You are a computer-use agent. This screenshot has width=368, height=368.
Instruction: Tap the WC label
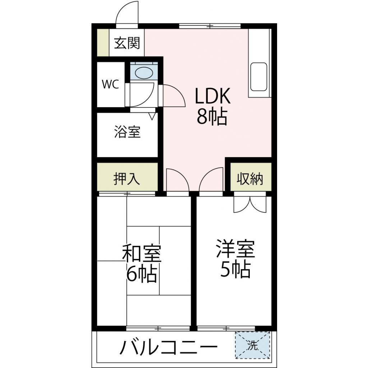pos(110,84)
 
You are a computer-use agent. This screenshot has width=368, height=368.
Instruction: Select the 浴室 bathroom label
pos(127,132)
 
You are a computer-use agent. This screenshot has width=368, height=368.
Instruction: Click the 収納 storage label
pos(250,179)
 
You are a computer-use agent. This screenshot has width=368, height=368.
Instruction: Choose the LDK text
pos(212,97)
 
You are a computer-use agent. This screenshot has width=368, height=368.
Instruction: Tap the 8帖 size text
pos(212,117)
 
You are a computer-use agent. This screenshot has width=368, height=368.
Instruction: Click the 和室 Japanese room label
pos(142,254)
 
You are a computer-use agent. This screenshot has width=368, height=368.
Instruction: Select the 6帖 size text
pos(142,275)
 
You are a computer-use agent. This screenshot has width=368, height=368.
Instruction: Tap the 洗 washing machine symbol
pos(253,345)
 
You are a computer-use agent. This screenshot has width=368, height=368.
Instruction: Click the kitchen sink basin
pos(258,77)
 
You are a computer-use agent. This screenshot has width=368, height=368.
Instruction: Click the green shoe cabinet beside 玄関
pos(103,42)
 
